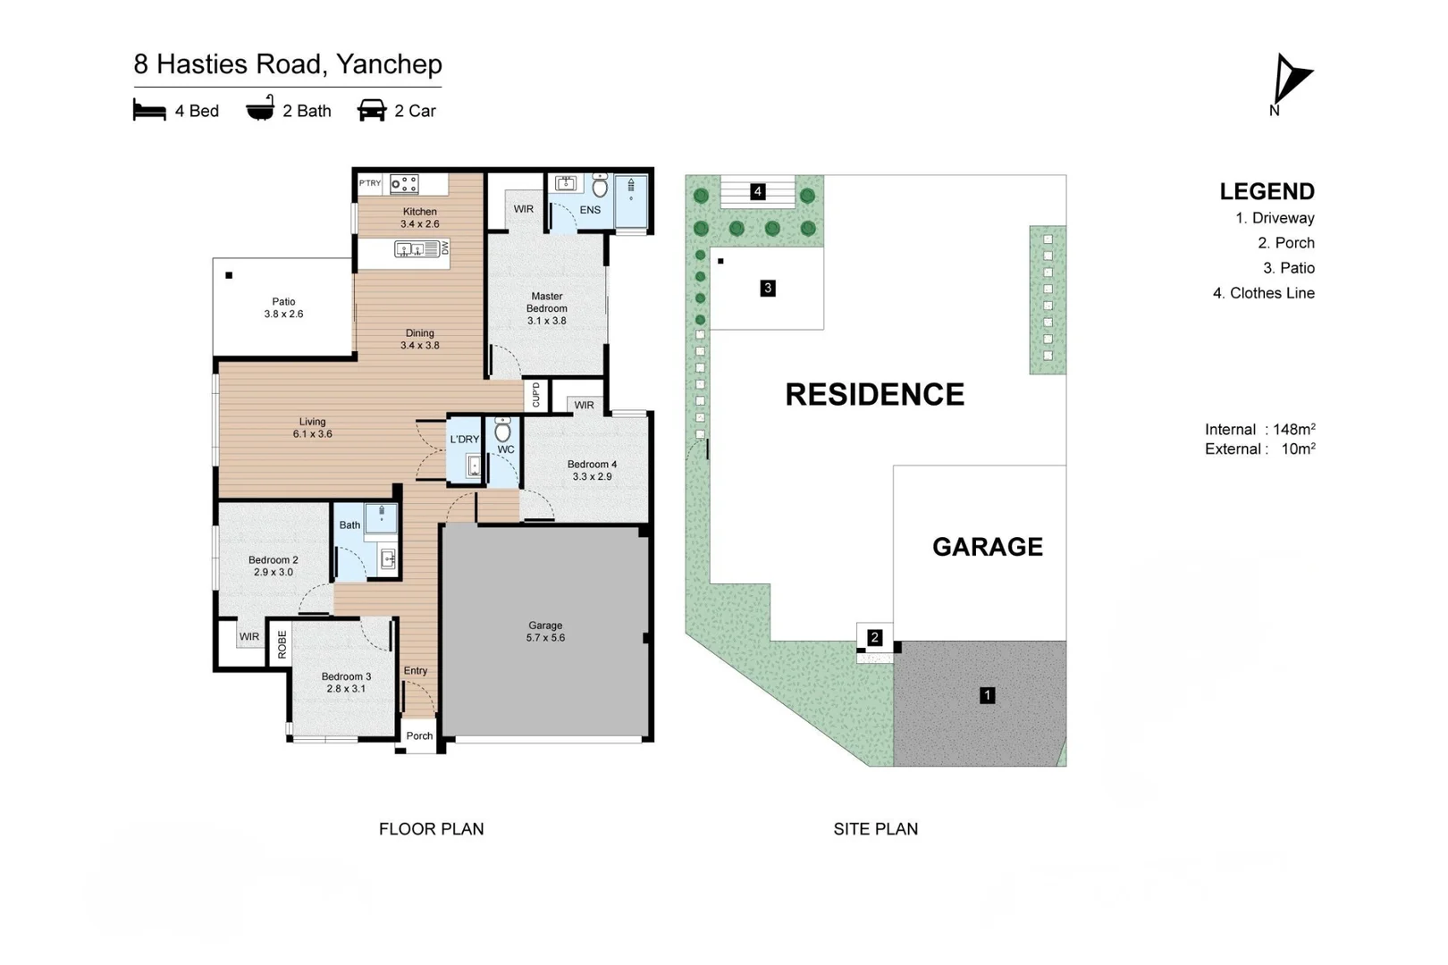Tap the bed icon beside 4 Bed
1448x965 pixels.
coord(149,110)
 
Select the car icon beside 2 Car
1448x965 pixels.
coord(372,111)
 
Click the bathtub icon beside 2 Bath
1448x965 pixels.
coord(260,108)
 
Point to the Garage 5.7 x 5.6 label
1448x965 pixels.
coord(545,632)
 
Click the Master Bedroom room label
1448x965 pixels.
coord(546,308)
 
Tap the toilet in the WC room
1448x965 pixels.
coord(502,429)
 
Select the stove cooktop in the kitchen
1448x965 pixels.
coord(404,184)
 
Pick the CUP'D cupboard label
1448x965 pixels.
coord(536,395)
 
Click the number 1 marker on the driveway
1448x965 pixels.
coord(987,695)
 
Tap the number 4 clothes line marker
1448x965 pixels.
coord(758,191)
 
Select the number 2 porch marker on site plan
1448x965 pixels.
coord(875,638)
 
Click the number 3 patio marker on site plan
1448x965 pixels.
coord(767,289)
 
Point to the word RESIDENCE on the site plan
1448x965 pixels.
coord(875,394)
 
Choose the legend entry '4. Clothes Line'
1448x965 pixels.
coord(1264,293)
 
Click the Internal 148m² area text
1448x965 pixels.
coord(1260,429)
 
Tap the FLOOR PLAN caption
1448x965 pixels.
coord(431,828)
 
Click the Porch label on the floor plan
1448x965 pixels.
coord(419,735)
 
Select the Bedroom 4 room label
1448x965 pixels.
coord(592,470)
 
